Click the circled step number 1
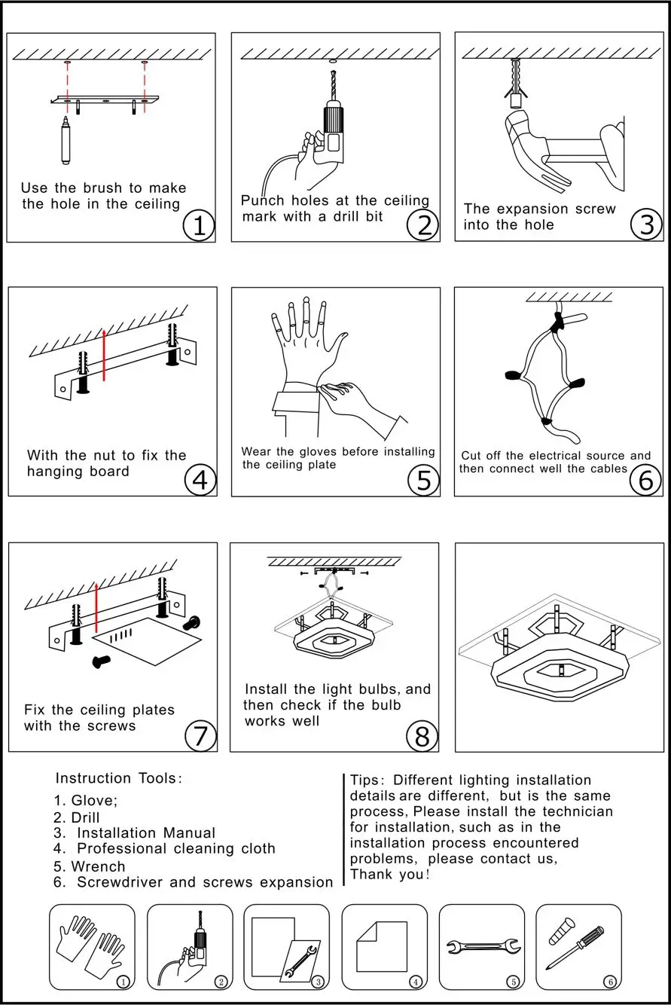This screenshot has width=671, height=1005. click(199, 226)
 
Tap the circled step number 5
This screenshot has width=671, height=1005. click(424, 481)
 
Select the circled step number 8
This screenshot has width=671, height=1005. click(422, 736)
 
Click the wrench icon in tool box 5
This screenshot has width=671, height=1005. click(483, 945)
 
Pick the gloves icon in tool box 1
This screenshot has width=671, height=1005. click(87, 945)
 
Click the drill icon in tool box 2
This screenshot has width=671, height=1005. click(194, 948)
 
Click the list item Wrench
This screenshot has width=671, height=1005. click(98, 866)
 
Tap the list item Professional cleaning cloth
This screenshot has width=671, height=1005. click(176, 848)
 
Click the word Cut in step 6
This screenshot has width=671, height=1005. click(471, 455)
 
